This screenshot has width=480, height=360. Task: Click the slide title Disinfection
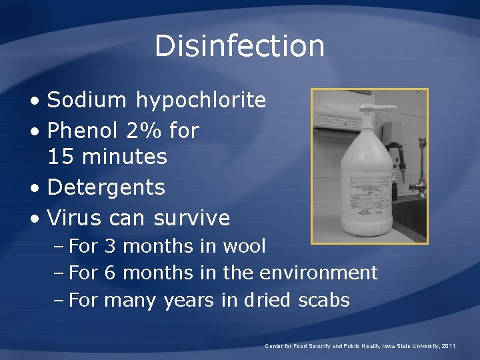pyautogui.click(x=239, y=46)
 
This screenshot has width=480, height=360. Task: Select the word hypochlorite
pyautogui.click(x=201, y=101)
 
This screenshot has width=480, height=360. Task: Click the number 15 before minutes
pyautogui.click(x=60, y=157)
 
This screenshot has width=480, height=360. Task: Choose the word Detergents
pyautogui.click(x=106, y=187)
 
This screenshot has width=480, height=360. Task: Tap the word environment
pyautogui.click(x=318, y=273)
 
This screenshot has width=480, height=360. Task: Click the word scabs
pyautogui.click(x=324, y=300)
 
